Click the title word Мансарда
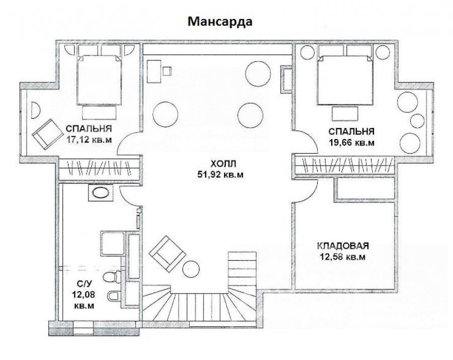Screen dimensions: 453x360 220,21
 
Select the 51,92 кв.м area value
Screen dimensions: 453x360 220,175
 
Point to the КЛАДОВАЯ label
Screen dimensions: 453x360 343,246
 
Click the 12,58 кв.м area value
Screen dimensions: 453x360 343,256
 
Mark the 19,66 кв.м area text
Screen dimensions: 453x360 352,142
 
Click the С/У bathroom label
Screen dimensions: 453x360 84,284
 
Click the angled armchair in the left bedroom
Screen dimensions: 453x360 48,134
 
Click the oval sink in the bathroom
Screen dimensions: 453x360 100,193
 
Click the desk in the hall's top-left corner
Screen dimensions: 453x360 154,71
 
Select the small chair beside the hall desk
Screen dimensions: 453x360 167,71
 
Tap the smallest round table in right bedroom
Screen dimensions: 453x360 417,121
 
